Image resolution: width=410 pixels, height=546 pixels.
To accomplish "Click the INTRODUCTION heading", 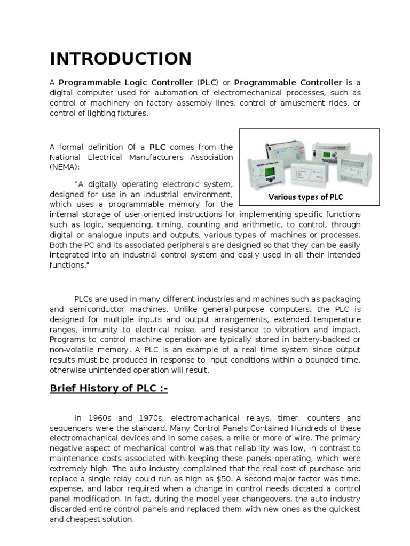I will tap(120, 59).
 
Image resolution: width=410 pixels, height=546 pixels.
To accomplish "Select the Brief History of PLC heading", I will tap(108, 389).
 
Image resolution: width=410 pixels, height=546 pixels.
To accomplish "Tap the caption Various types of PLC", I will tap(305, 197).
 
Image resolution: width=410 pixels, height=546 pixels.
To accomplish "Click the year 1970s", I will tap(144, 419).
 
